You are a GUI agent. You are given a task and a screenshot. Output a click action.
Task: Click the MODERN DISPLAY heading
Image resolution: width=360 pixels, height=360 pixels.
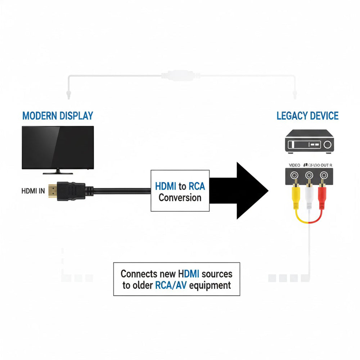point(58,116)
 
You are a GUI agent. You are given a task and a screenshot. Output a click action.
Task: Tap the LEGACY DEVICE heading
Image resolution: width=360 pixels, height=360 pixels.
point(307,116)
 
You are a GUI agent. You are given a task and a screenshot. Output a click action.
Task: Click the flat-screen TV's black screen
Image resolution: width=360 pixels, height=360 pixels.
point(58,147)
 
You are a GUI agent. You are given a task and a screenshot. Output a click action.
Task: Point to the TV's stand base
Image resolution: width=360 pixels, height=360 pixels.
point(58,173)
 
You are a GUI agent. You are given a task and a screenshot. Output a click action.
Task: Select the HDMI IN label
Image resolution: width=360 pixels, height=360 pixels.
point(33,191)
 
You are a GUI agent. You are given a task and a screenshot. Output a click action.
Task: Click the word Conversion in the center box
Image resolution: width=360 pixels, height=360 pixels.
point(180,198)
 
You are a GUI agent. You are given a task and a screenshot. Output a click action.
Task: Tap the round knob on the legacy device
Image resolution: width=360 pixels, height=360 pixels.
point(327,145)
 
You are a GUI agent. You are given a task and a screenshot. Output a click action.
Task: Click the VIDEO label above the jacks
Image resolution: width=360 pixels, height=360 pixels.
point(294,165)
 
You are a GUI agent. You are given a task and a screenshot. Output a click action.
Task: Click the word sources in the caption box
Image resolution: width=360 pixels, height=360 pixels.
point(217,274)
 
